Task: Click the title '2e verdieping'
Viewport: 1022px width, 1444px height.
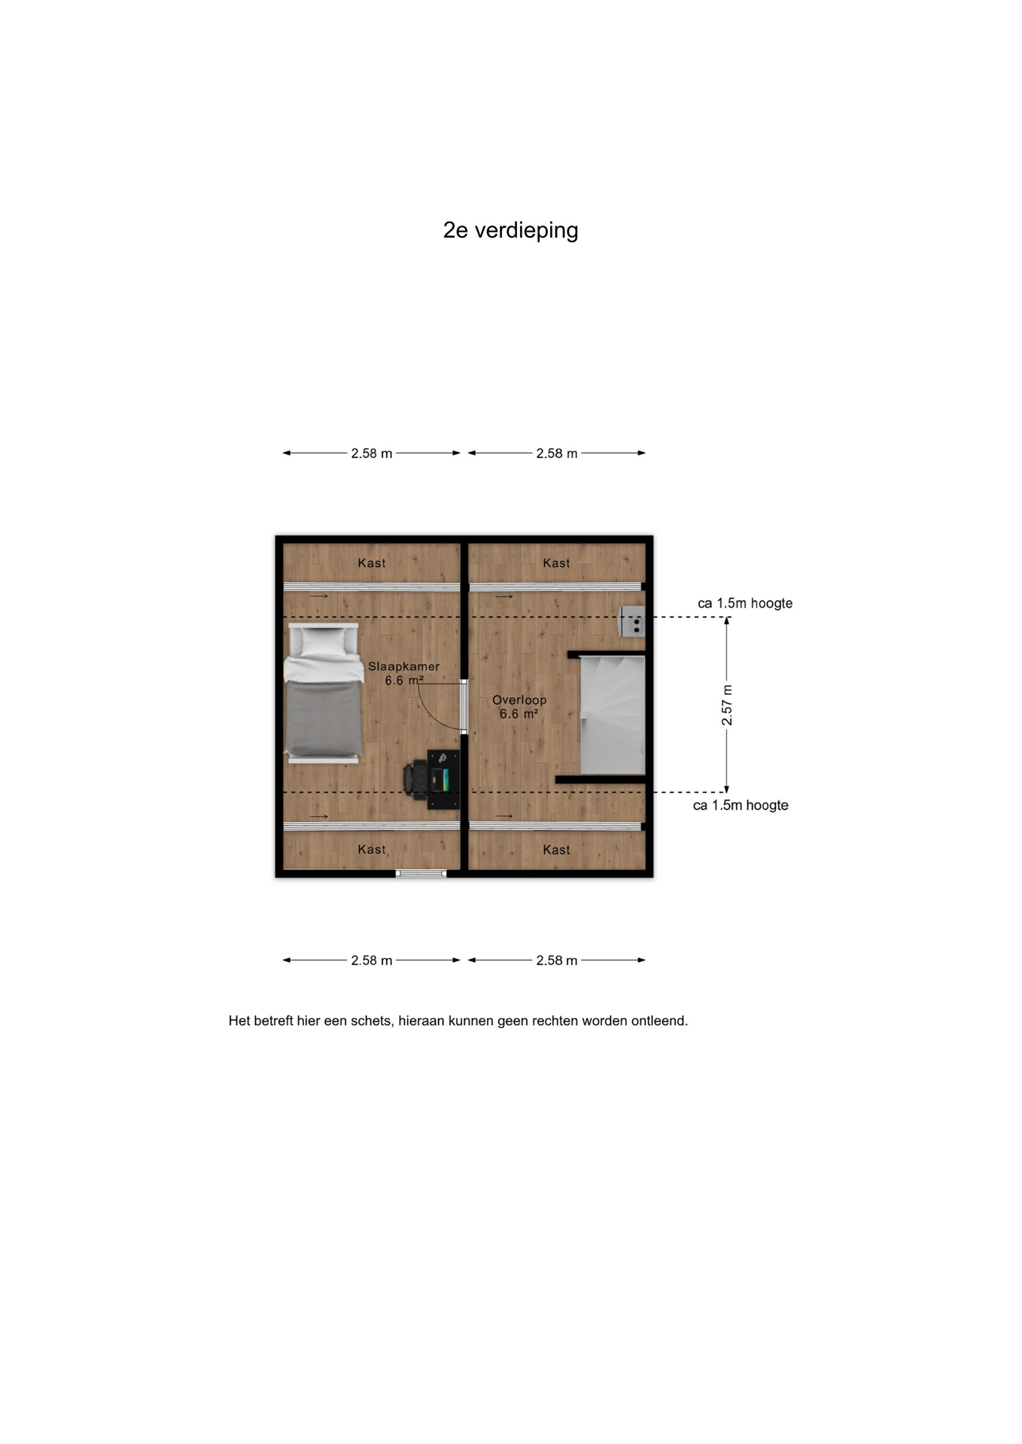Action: click(x=510, y=230)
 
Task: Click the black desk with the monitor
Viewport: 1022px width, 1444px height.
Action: click(x=443, y=779)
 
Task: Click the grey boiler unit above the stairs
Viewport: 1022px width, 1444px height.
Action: click(x=632, y=622)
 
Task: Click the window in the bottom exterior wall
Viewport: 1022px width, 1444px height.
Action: click(x=421, y=874)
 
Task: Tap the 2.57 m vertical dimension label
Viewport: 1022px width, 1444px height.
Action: click(x=727, y=705)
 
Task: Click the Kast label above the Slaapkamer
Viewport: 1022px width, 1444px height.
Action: click(x=372, y=563)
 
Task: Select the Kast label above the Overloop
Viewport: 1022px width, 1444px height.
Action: click(x=556, y=563)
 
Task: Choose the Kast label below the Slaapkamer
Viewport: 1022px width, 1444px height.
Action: click(x=372, y=850)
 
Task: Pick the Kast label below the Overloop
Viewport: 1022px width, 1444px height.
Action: click(x=556, y=850)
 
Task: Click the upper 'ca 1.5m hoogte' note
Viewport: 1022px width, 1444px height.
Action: click(x=745, y=603)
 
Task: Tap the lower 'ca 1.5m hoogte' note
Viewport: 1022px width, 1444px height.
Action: click(x=741, y=805)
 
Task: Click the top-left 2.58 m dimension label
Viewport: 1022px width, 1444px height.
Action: click(x=372, y=454)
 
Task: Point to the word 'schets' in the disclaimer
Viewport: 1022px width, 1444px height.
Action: click(x=371, y=1021)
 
